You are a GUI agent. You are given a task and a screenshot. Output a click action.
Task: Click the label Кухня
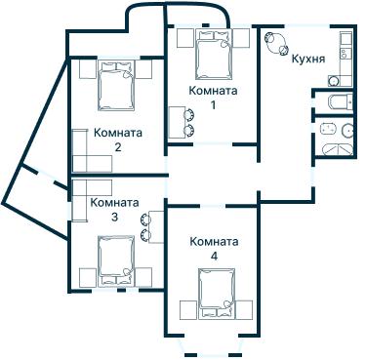307,58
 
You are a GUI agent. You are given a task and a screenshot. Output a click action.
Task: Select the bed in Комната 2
116,86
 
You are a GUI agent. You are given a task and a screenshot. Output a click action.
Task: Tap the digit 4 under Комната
213,256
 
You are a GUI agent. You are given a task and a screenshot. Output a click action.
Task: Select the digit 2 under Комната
117,148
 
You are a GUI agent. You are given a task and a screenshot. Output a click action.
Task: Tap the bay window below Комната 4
214,349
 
